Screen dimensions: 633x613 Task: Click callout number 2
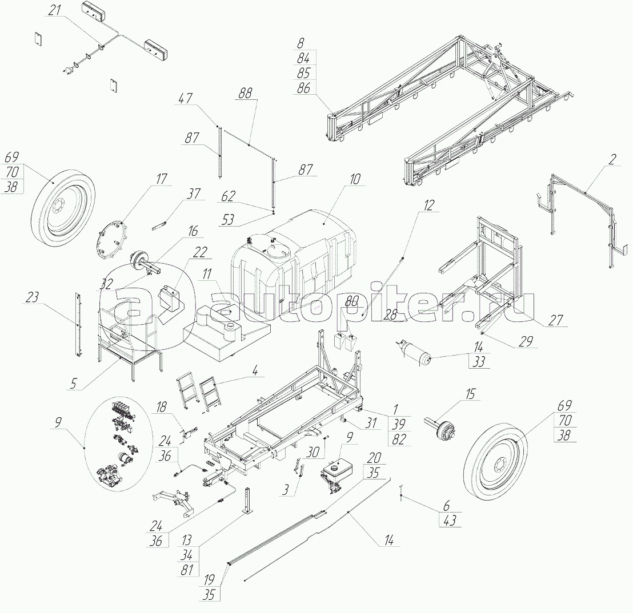pyautogui.click(x=612, y=160)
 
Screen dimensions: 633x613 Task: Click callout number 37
pyautogui.click(x=194, y=194)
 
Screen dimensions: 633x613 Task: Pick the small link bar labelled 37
pyautogui.click(x=162, y=221)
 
